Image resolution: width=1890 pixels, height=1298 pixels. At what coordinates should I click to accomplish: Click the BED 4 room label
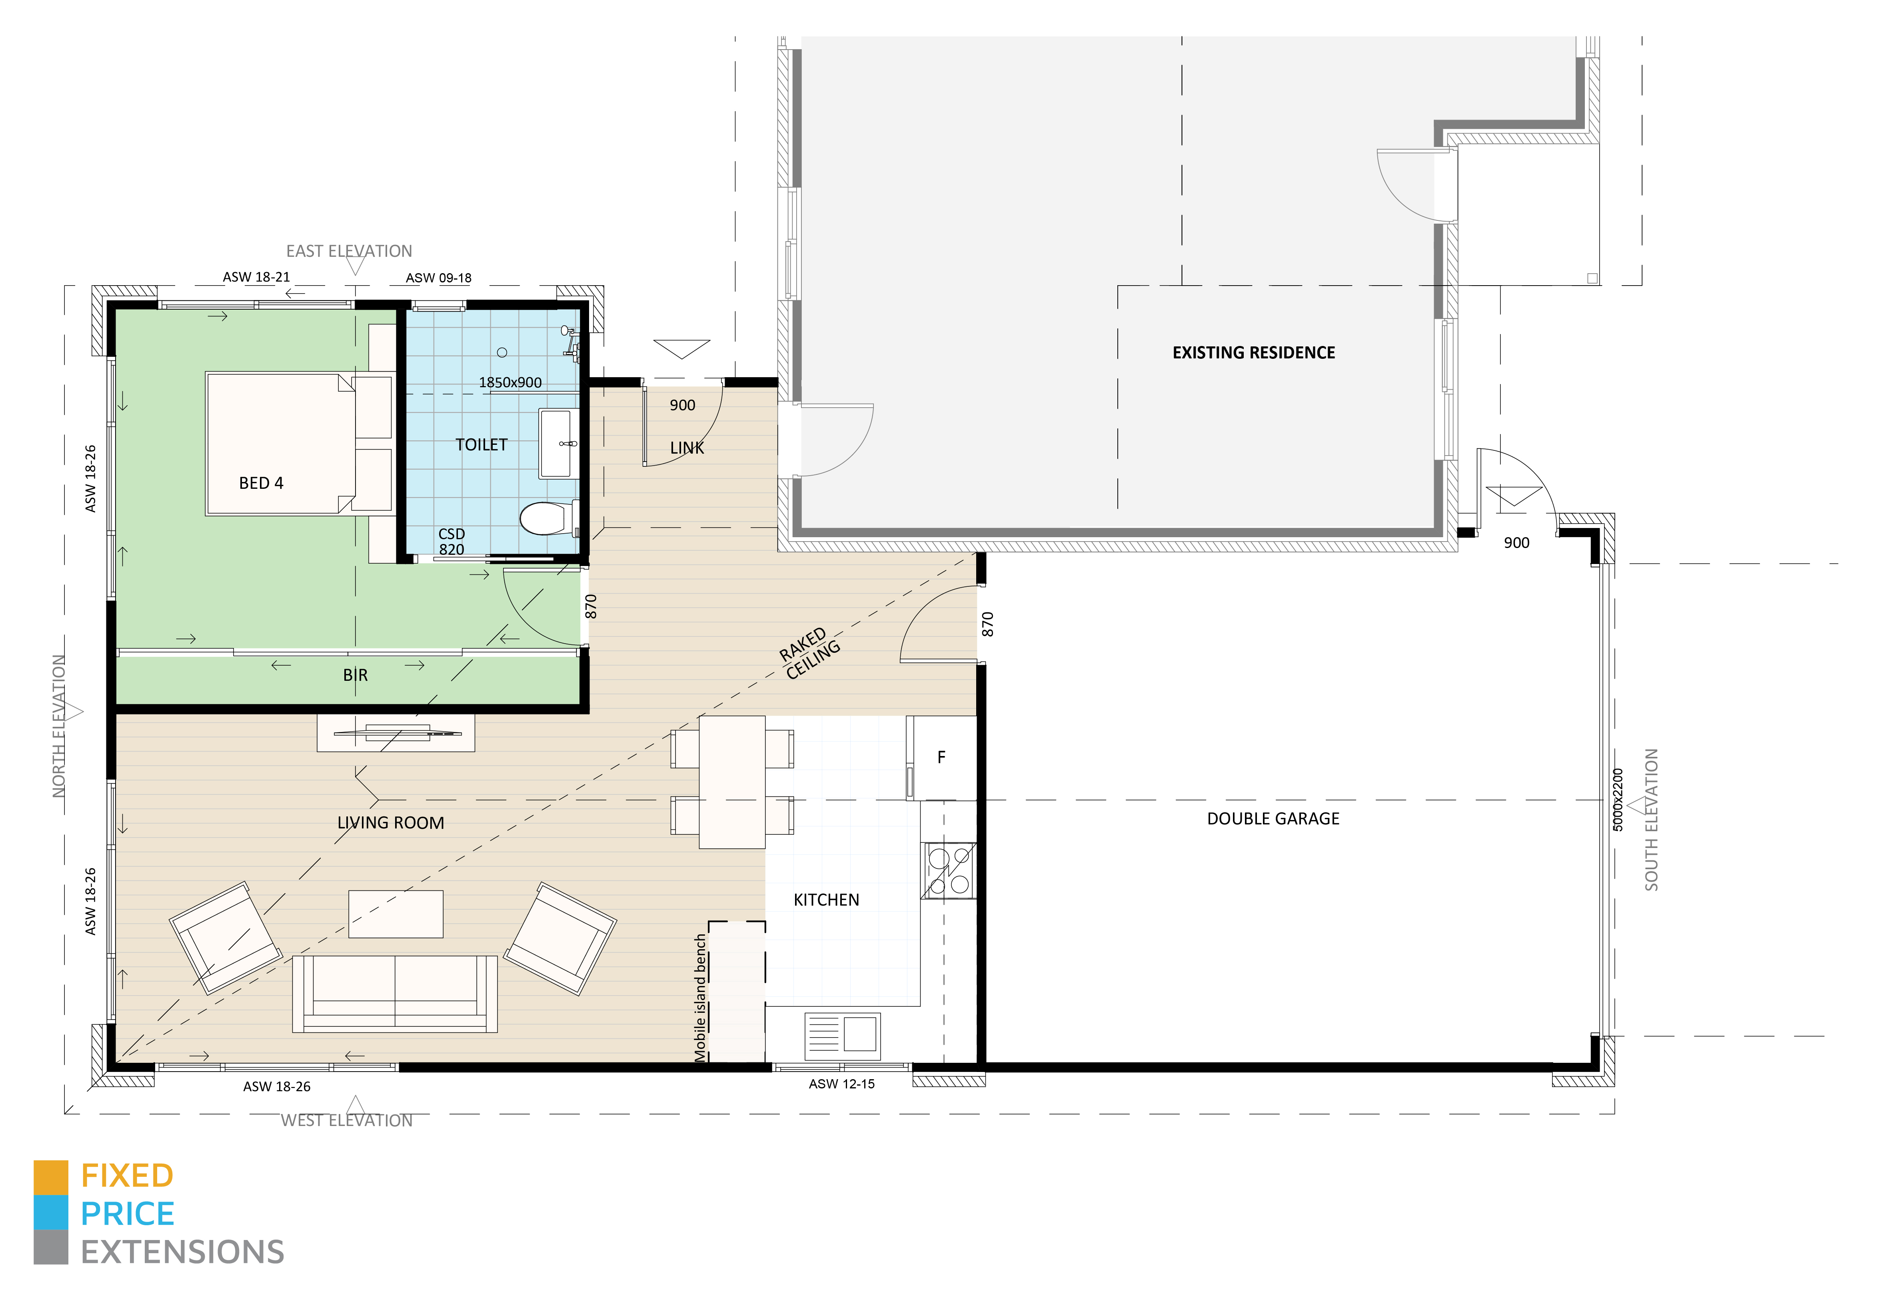261,483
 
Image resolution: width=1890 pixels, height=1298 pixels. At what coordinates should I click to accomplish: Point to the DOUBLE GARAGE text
1273,819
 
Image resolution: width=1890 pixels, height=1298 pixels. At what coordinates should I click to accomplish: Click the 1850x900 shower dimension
510,382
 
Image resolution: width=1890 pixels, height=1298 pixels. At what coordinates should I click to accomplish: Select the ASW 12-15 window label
842,1084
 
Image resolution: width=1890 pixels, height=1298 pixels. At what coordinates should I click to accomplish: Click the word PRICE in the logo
128,1214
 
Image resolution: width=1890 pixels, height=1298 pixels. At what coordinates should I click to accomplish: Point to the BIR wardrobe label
356,675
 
